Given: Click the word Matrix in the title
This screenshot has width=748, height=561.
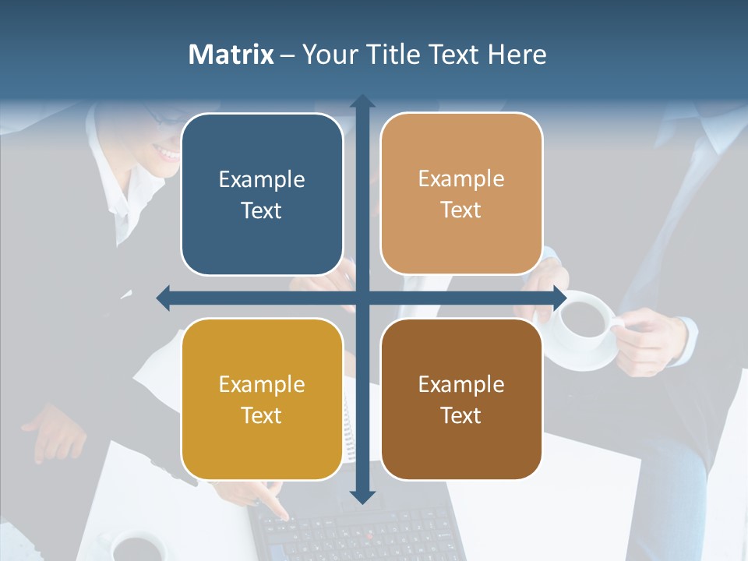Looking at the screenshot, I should pyautogui.click(x=231, y=55).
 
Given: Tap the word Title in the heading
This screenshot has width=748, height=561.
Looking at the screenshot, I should pyautogui.click(x=386, y=55).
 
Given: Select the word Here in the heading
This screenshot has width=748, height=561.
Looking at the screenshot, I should pyautogui.click(x=517, y=55).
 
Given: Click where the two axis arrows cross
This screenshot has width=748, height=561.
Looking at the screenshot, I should pyautogui.click(x=362, y=298).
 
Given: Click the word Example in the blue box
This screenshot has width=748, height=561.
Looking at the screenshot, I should pyautogui.click(x=262, y=180).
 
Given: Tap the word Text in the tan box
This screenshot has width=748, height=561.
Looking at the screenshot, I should pyautogui.click(x=461, y=210).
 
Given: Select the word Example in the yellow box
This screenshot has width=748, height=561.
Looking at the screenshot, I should pyautogui.click(x=262, y=385).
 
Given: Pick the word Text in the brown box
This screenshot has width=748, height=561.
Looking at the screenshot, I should pyautogui.click(x=461, y=416).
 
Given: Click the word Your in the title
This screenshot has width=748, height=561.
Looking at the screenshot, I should pyautogui.click(x=327, y=55).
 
